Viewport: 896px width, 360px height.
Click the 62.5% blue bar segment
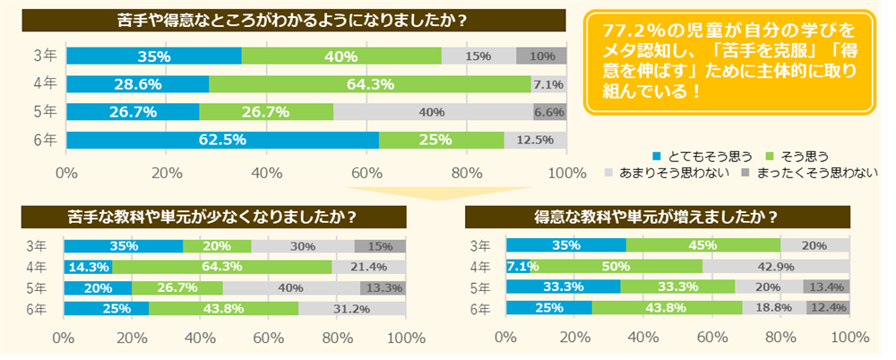222,141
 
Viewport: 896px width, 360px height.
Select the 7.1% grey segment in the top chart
547,84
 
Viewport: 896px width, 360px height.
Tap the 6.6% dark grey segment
549,113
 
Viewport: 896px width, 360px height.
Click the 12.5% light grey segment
535,141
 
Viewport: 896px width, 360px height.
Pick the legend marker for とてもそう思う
633,154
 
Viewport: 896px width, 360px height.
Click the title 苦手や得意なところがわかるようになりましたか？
297,19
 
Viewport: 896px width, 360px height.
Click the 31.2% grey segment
351,308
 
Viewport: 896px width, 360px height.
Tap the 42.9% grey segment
776,267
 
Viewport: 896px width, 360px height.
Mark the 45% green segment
703,245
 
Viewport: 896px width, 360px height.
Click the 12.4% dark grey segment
828,308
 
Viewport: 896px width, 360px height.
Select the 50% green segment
615,267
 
